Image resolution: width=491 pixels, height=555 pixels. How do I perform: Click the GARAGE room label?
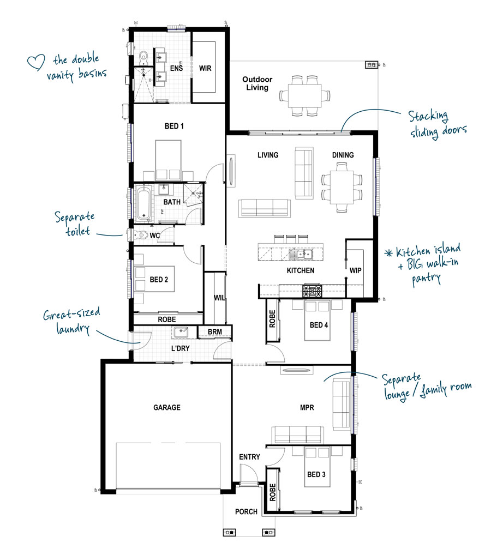coord(167,407)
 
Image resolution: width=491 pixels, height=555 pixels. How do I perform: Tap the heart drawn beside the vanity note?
coord(36,62)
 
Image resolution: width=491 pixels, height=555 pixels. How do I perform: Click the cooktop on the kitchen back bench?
coord(312,291)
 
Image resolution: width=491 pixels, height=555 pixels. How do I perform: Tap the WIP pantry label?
coord(355,270)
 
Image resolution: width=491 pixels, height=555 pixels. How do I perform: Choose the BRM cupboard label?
coord(215,331)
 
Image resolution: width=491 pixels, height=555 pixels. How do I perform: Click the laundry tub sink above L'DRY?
coord(181,332)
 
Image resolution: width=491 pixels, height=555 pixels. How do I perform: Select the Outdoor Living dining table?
coord(304,95)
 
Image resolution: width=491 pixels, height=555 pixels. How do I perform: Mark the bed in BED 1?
coord(168,160)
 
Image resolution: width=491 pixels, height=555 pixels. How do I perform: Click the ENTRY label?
coord(249,457)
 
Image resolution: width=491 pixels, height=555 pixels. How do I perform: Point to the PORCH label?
coord(246,511)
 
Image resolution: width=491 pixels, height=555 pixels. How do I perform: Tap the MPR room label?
coord(307,407)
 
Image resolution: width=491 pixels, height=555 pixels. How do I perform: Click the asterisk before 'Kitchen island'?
coord(389,253)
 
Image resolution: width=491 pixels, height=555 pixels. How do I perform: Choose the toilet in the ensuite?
coord(143,56)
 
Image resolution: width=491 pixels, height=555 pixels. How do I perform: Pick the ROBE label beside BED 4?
coord(272,319)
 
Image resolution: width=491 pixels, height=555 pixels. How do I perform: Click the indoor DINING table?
coord(342,187)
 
